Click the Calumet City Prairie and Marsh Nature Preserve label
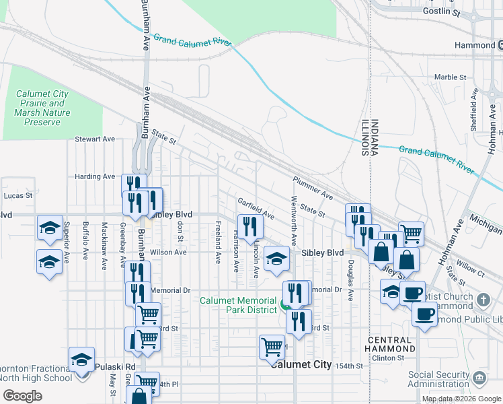tap(48, 108)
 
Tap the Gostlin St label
tap(459, 11)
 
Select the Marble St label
tap(450, 77)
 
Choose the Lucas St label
tap(17, 195)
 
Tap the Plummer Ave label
tap(313, 189)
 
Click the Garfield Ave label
tap(256, 208)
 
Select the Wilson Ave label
tap(168, 252)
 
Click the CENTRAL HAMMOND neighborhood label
tap(390, 344)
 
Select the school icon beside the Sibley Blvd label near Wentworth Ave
tap(275, 259)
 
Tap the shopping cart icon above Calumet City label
tap(272, 347)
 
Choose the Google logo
tap(23, 396)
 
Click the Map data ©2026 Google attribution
tap(461, 399)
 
